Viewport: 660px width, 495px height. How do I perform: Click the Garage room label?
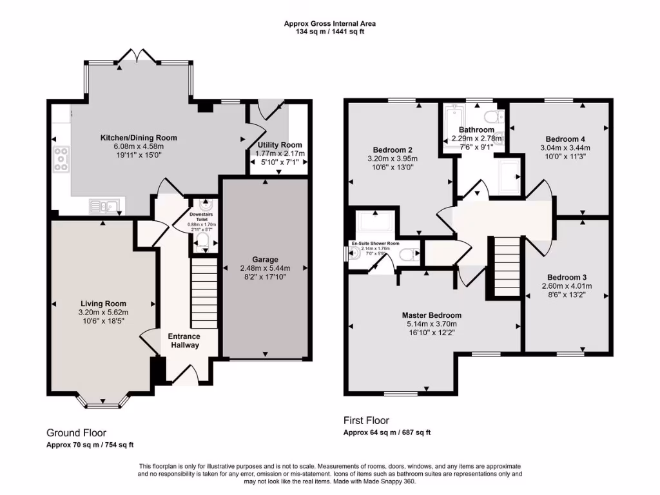click(x=265, y=259)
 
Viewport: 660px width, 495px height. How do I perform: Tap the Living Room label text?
click(x=103, y=304)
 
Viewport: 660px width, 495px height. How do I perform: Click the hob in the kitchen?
click(x=63, y=159)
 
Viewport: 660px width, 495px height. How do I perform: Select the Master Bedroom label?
click(x=431, y=315)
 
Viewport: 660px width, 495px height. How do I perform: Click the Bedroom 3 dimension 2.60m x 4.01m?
click(x=567, y=286)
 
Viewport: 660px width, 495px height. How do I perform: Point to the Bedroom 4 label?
click(x=565, y=139)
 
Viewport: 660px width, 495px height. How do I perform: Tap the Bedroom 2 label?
click(x=393, y=150)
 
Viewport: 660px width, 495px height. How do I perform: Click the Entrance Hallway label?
click(x=184, y=340)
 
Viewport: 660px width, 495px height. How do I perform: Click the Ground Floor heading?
click(x=76, y=433)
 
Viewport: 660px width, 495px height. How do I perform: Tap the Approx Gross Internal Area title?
click(x=329, y=24)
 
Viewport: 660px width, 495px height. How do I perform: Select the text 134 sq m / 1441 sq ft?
click(x=329, y=32)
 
